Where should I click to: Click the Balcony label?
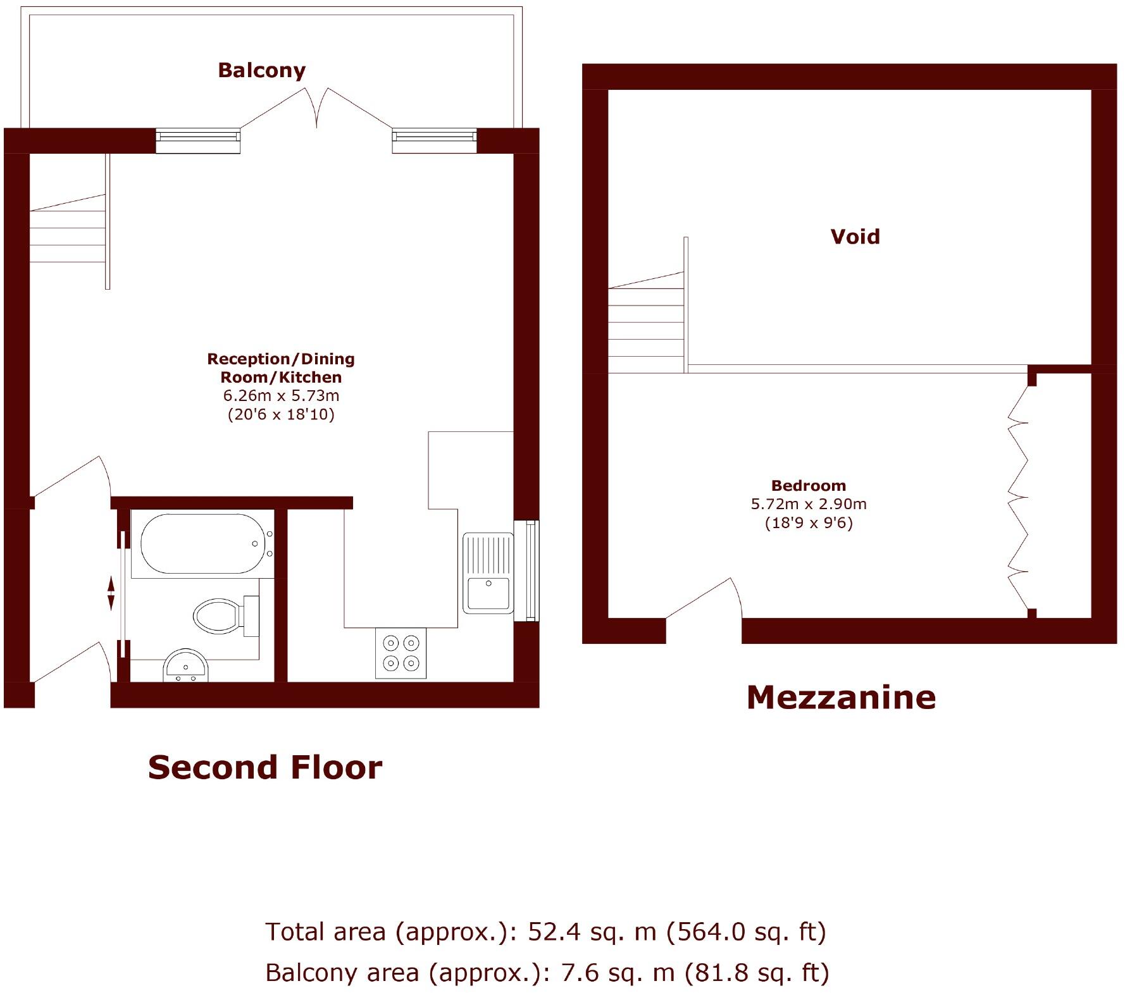click(261, 70)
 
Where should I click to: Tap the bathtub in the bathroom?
click(201, 544)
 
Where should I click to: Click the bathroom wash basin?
click(185, 667)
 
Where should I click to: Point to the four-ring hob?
click(401, 653)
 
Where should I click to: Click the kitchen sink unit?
click(488, 573)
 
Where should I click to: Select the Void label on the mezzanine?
click(855, 237)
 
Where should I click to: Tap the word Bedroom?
click(808, 486)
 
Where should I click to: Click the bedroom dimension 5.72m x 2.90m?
click(808, 504)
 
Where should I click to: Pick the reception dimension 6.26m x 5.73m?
click(281, 396)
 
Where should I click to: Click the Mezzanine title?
click(840, 697)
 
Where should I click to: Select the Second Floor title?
click(264, 767)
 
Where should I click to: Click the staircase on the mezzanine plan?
click(646, 323)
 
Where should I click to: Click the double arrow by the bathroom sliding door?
click(111, 593)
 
